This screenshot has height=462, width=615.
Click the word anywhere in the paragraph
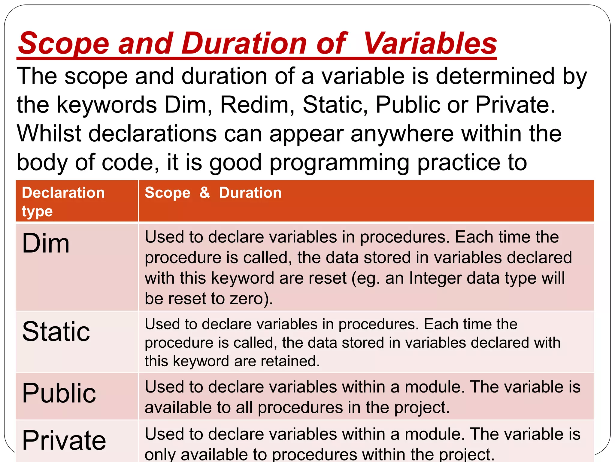[x=402, y=134]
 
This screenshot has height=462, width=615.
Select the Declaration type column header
[x=63, y=201]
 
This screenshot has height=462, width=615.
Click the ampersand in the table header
[x=204, y=192]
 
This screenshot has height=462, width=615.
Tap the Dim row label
[x=46, y=243]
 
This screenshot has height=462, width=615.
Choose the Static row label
[x=56, y=331]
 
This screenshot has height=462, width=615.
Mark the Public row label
[x=59, y=393]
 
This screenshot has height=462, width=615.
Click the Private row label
[x=64, y=440]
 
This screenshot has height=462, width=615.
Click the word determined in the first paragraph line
[x=495, y=76]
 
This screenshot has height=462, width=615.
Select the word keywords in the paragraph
[x=107, y=105]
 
